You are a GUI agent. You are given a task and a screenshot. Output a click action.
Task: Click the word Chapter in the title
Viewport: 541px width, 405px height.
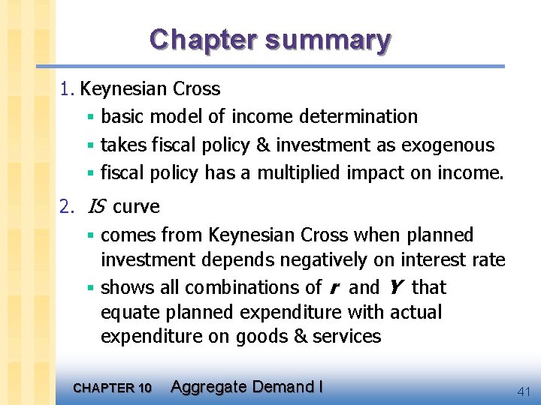197,39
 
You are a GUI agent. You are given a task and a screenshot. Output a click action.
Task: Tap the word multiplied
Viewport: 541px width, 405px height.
299,173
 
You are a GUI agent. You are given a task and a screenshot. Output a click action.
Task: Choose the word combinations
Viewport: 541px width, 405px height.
243,287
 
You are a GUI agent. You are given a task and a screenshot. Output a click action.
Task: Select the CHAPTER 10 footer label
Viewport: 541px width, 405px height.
112,388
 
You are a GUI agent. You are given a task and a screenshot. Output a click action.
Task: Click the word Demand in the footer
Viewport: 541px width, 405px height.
283,387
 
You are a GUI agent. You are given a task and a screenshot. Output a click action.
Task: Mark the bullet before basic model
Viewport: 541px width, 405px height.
89,118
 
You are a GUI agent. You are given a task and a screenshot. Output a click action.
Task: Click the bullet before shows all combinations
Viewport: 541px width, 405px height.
89,288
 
